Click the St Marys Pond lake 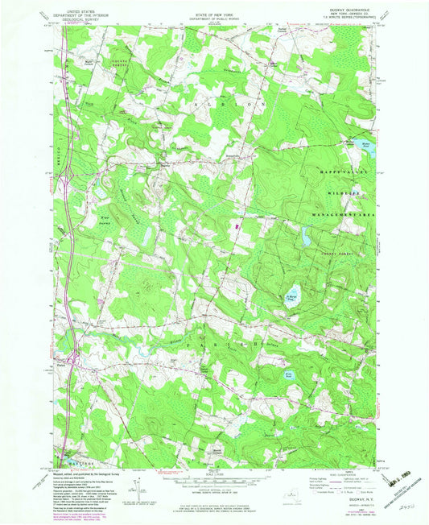point(294,295)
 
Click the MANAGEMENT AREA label point(348,217)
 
